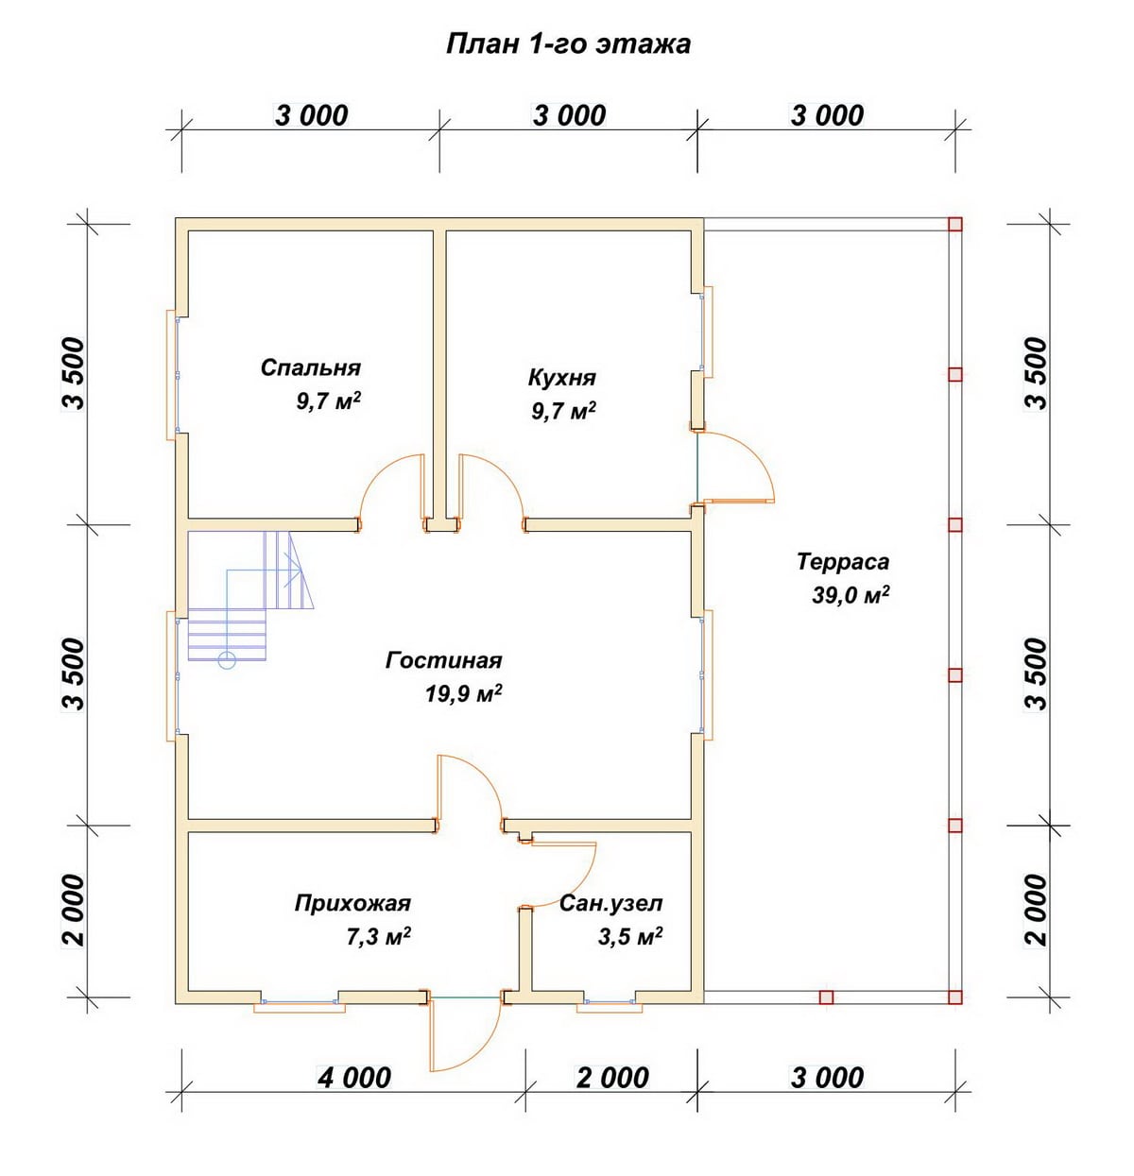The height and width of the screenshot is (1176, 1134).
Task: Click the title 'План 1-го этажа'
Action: pos(568,44)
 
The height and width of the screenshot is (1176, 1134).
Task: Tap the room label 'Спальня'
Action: pos(311,368)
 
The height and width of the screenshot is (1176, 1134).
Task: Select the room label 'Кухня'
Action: pos(562,378)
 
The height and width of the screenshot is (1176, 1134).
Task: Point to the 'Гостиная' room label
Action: pos(444,660)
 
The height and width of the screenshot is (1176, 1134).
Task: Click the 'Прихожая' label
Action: pos(353,903)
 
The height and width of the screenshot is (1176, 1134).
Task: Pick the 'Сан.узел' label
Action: pos(611,903)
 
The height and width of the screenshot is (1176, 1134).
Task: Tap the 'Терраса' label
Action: pos(843,561)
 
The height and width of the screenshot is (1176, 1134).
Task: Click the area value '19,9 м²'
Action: pos(464,693)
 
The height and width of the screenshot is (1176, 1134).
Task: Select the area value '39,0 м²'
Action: pos(850,595)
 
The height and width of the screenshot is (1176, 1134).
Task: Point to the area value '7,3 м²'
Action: pos(379,937)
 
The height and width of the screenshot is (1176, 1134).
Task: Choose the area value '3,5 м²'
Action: pos(630,937)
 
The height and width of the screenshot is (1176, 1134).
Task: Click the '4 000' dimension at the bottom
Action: pos(354,1078)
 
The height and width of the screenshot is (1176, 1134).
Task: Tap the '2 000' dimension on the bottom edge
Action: pos(612,1078)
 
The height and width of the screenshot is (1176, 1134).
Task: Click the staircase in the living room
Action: pos(249,598)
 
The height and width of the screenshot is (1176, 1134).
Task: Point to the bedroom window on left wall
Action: pos(172,375)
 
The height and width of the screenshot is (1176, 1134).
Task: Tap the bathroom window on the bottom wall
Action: pos(610,1004)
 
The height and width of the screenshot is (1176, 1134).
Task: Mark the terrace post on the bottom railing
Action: pos(826,997)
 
